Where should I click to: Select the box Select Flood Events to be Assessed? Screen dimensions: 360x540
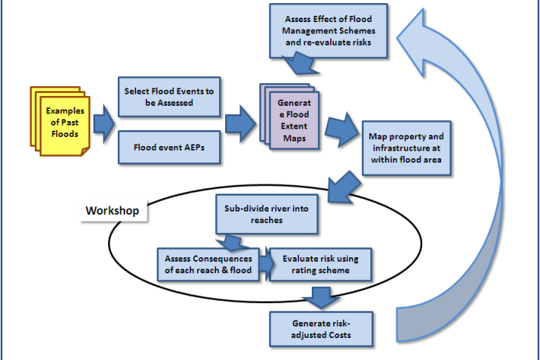pyautogui.click(x=169, y=97)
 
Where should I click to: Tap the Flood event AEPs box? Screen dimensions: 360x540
pyautogui.click(x=169, y=146)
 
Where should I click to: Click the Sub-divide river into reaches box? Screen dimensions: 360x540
pyautogui.click(x=265, y=214)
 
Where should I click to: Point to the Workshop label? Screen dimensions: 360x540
pyautogui.click(x=113, y=210)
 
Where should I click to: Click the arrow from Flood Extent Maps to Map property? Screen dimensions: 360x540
pyautogui.click(x=348, y=127)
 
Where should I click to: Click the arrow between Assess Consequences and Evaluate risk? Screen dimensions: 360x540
pyautogui.click(x=265, y=263)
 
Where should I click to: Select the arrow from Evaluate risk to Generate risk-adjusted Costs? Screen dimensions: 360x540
pyautogui.click(x=322, y=295)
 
